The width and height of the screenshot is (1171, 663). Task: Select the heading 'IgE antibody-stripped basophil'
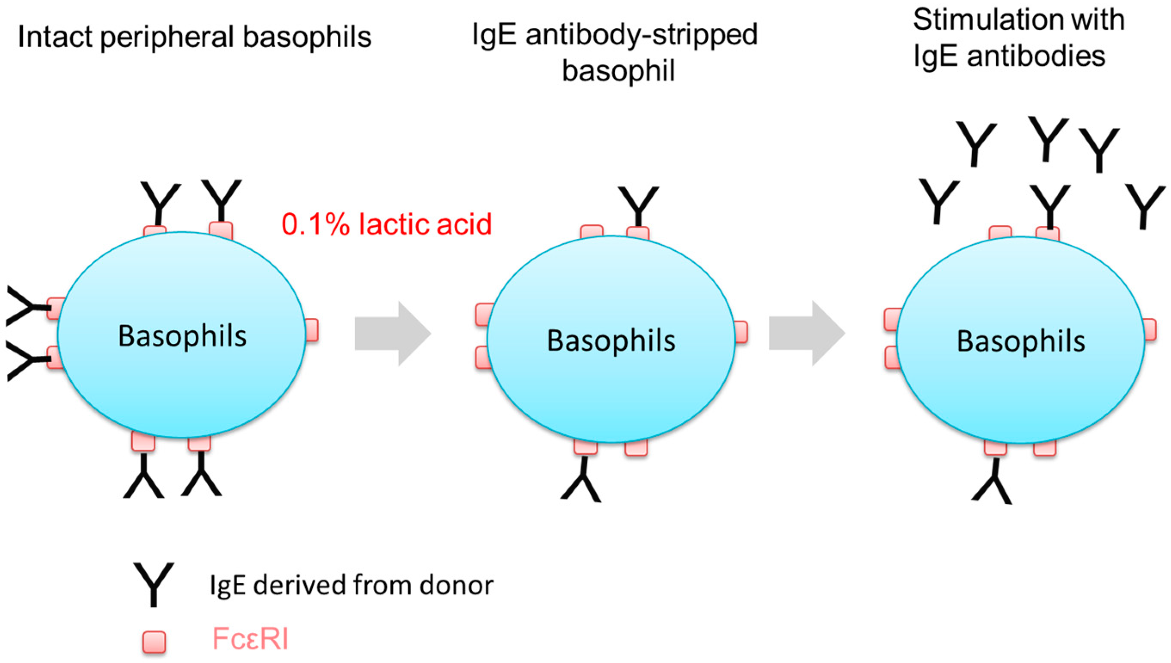(x=615, y=52)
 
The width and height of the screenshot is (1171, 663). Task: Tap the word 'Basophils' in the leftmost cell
(x=182, y=336)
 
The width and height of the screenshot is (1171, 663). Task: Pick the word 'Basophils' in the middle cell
(x=611, y=341)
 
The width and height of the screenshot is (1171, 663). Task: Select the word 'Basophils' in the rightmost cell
(x=1021, y=341)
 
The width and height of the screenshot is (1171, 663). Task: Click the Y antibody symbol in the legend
(x=154, y=584)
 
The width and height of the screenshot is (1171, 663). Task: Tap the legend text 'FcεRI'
(x=250, y=639)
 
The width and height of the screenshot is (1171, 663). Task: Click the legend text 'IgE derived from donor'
(x=351, y=585)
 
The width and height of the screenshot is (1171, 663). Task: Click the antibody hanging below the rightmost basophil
(x=992, y=483)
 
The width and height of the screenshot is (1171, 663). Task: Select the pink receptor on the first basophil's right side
(x=311, y=330)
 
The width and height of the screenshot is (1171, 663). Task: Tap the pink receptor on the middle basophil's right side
(x=741, y=332)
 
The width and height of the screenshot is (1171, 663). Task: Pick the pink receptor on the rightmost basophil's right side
(x=1149, y=330)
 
